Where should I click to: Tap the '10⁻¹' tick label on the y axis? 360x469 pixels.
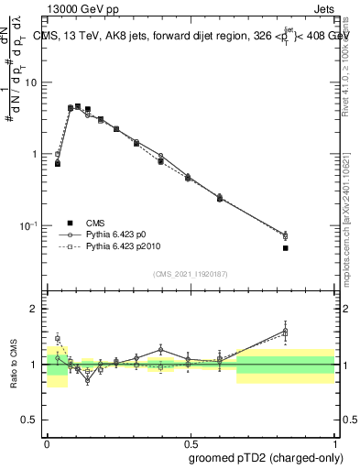(x=30, y=225)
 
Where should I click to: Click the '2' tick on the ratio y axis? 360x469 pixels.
(x=36, y=309)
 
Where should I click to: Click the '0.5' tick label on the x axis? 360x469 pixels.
(x=190, y=442)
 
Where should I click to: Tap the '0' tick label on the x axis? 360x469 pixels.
(x=47, y=442)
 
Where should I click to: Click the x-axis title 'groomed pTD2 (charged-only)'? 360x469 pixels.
(x=267, y=457)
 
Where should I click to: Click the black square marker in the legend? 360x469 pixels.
(x=70, y=223)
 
